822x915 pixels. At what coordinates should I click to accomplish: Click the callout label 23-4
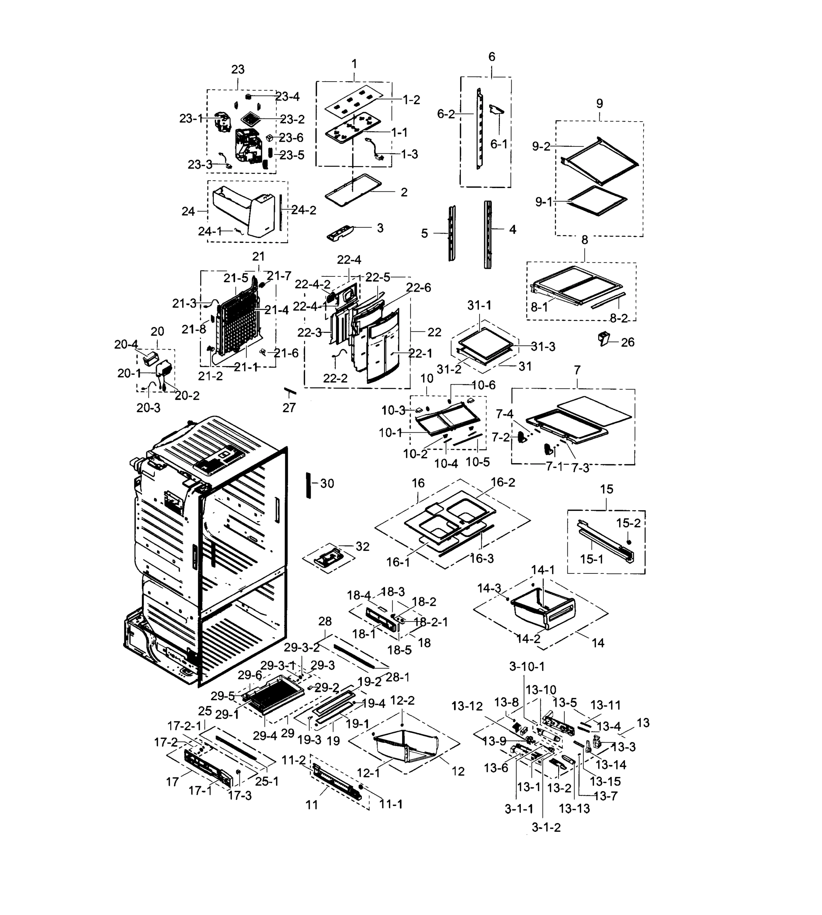[288, 97]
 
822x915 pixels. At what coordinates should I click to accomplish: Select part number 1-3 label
[409, 154]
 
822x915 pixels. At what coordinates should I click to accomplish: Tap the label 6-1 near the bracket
[499, 144]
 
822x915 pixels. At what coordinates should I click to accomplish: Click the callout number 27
[289, 408]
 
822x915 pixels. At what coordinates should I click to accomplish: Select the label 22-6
[418, 288]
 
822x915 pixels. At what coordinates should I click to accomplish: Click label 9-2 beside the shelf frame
[541, 146]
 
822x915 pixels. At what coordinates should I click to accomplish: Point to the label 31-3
[543, 347]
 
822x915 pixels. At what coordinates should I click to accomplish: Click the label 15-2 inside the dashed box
[628, 523]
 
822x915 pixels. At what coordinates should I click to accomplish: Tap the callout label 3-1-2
[546, 827]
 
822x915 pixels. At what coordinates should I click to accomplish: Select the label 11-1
[391, 804]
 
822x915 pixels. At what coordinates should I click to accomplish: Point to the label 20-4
[126, 345]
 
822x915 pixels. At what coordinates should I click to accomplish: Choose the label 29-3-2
[302, 647]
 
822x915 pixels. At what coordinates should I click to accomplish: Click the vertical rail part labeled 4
[488, 235]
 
